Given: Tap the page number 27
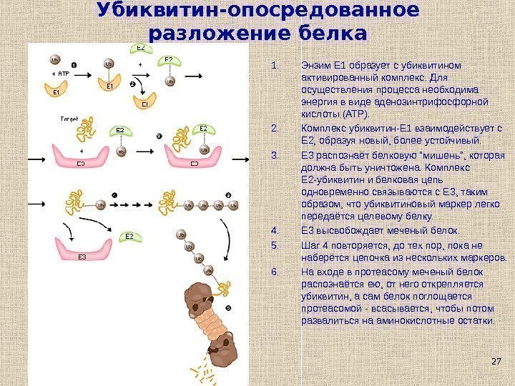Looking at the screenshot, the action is [x=496, y=362].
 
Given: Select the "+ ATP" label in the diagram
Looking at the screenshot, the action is [x=60, y=74].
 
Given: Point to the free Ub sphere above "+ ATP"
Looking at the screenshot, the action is [x=55, y=61].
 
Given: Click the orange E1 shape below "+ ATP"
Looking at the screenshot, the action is [x=56, y=91].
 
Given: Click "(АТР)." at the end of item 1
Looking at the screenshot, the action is [x=356, y=114].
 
